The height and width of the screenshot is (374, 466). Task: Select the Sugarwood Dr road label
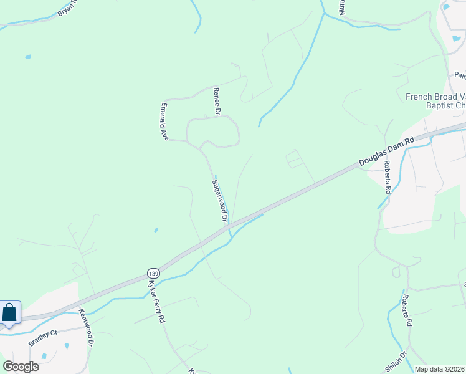point(218,201)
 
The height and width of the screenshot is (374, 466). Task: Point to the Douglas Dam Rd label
point(386,152)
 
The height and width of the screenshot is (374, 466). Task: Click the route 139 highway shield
point(153,272)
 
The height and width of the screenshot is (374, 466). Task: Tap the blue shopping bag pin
point(9,313)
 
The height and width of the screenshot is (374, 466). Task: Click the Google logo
point(21,367)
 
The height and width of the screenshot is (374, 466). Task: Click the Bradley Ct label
point(41,337)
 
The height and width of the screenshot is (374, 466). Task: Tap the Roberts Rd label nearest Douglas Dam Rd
point(388,176)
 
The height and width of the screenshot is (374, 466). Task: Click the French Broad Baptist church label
point(435,101)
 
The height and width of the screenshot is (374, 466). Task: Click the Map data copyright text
point(439,369)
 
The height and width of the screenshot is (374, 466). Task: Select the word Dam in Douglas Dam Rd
point(391,150)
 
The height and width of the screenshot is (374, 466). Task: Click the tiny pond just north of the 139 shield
point(156,230)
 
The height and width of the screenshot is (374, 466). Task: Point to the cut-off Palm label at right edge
point(460,75)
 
